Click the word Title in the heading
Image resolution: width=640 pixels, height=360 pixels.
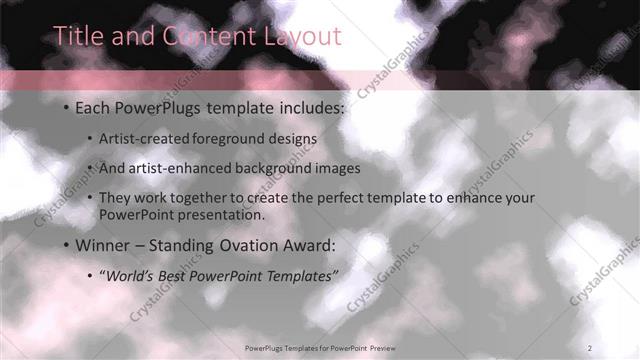(x=76, y=36)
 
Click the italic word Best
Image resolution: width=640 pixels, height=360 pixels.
(x=179, y=274)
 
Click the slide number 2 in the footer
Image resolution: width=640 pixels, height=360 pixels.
(x=590, y=347)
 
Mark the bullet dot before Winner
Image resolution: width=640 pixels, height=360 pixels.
(x=66, y=245)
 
